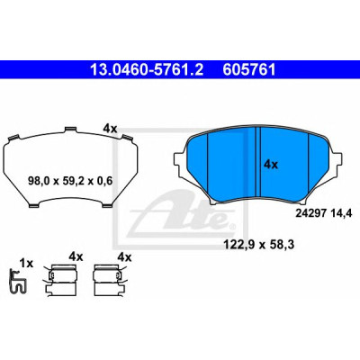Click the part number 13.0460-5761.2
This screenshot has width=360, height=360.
pyautogui.click(x=147, y=70)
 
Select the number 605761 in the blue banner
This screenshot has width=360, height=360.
pyautogui.click(x=249, y=70)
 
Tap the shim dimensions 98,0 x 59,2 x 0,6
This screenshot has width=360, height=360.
pyautogui.click(x=70, y=181)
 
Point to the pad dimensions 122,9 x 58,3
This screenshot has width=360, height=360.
pyautogui.click(x=258, y=245)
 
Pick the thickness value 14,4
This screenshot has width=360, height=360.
pyautogui.click(x=341, y=213)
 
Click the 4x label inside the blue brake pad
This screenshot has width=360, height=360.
pyautogui.click(x=271, y=165)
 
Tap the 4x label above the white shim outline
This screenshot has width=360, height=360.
pyautogui.click(x=110, y=129)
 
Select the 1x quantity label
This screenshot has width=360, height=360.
pyautogui.click(x=26, y=264)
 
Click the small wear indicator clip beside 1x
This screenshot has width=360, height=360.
pyautogui.click(x=17, y=281)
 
